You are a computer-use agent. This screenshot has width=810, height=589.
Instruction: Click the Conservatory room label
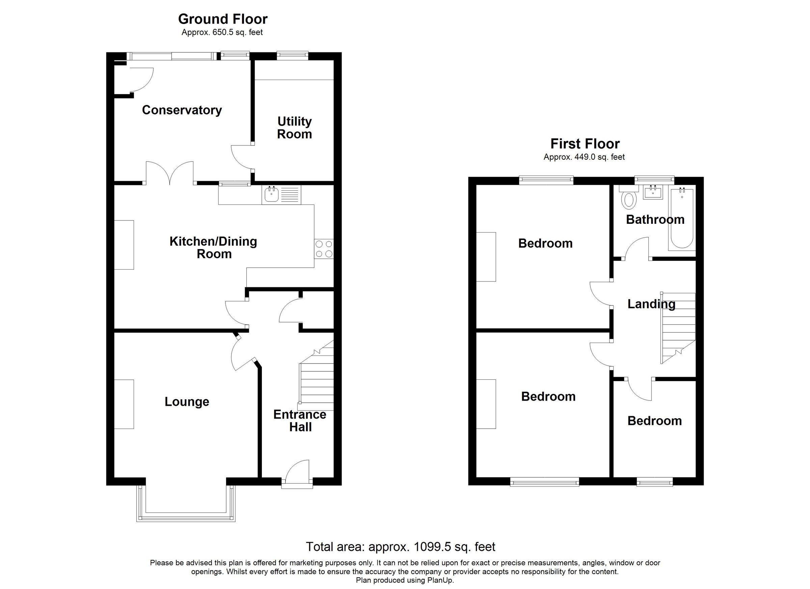[182, 110]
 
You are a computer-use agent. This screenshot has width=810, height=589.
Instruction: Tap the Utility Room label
[295, 128]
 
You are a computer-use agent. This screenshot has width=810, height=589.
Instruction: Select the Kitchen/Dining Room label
[214, 247]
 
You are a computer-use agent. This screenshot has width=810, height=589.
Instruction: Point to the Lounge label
[187, 402]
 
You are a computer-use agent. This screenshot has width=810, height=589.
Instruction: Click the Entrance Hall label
[300, 421]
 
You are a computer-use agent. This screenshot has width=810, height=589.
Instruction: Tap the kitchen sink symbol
[272, 194]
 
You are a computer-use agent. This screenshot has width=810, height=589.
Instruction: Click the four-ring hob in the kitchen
[324, 249]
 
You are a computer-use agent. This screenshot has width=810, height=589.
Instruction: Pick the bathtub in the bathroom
[682, 219]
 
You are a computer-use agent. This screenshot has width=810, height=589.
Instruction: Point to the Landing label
[651, 304]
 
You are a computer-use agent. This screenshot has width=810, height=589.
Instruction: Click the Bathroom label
[655, 219]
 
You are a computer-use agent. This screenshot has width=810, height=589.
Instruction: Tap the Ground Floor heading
[223, 19]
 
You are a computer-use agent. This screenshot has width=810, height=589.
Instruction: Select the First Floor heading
[585, 143]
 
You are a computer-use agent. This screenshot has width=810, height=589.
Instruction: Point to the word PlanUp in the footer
[441, 581]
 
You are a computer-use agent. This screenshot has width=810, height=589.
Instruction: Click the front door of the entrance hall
[297, 475]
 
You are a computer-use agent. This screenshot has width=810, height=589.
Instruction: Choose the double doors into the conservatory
[170, 173]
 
